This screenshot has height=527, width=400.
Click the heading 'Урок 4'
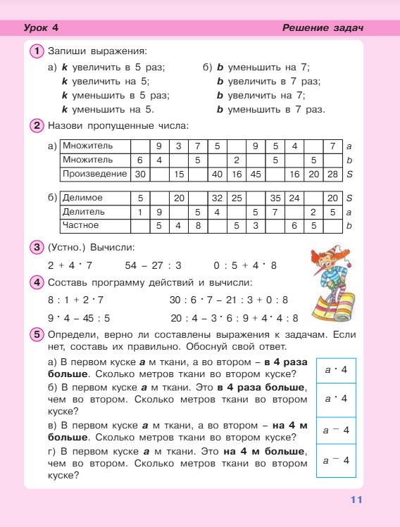(x=40, y=28)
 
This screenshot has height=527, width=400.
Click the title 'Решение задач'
(x=322, y=28)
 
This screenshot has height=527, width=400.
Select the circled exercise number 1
(x=37, y=51)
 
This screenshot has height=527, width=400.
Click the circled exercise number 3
(x=37, y=247)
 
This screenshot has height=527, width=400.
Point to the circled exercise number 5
(x=37, y=335)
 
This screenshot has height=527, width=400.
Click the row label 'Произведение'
(x=94, y=173)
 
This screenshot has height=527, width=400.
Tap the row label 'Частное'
(x=81, y=225)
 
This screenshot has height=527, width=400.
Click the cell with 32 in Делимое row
(x=217, y=198)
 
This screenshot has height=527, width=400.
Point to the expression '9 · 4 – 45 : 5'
(x=79, y=317)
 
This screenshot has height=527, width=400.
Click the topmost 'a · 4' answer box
(x=336, y=369)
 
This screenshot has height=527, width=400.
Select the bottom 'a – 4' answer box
(x=336, y=460)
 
